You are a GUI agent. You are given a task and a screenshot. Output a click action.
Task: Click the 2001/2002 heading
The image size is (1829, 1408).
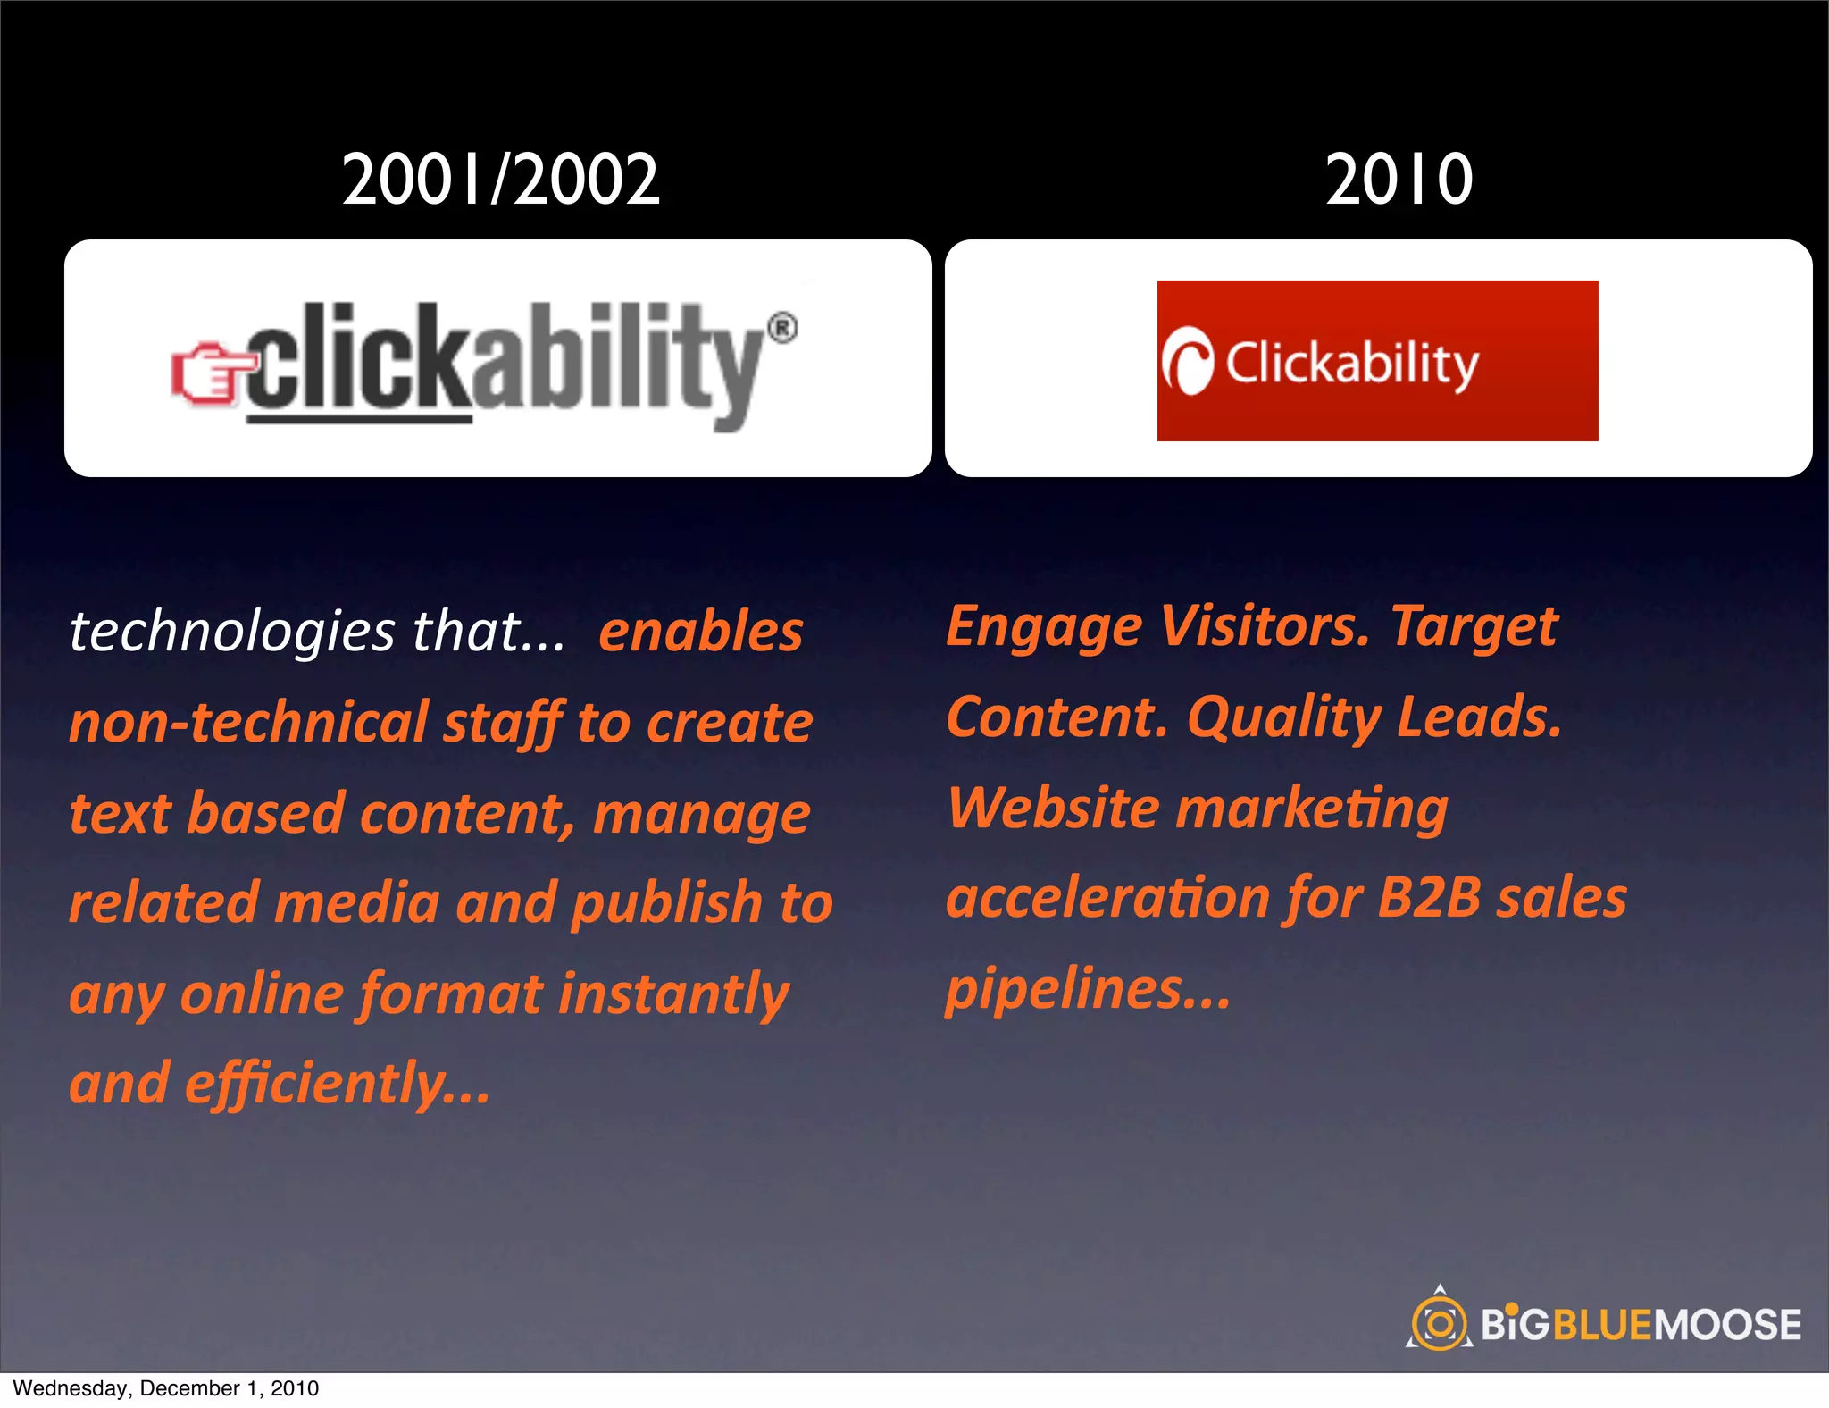(x=501, y=180)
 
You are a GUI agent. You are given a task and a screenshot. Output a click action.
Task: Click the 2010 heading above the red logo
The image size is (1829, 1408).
(x=1399, y=180)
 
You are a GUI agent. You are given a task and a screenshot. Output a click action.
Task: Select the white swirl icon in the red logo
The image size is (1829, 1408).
(x=1188, y=362)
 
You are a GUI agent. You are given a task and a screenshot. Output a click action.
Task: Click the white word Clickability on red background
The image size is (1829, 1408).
(x=1352, y=364)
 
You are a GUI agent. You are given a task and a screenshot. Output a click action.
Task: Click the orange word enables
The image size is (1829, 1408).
(x=701, y=633)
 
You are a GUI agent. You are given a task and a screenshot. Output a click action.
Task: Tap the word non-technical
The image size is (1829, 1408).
(x=249, y=722)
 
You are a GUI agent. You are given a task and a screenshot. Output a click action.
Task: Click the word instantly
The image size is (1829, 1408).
(x=673, y=994)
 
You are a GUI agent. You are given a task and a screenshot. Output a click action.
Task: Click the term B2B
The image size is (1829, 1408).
(x=1429, y=898)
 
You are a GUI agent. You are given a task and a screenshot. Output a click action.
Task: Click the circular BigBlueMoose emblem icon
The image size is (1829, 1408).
(x=1439, y=1322)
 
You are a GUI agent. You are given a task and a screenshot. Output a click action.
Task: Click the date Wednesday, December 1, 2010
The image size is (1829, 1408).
(x=166, y=1388)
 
